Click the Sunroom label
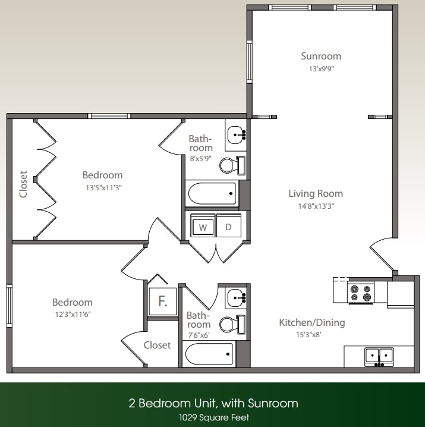pos(321,56)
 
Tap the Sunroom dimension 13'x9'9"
pos(321,69)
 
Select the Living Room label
pos(316,193)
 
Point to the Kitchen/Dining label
pos(312,322)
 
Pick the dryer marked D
pos(228,227)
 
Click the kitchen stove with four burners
pos(361,292)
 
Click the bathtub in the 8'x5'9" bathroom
pos(212,193)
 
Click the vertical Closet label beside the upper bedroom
pos(24,184)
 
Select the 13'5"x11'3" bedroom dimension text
pos(102,187)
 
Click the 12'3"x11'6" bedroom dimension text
pos(72,314)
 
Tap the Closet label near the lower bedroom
pos(157,345)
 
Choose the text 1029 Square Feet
pos(213,417)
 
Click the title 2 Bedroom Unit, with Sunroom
pos(213,403)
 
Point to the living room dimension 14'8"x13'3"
pos(316,206)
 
